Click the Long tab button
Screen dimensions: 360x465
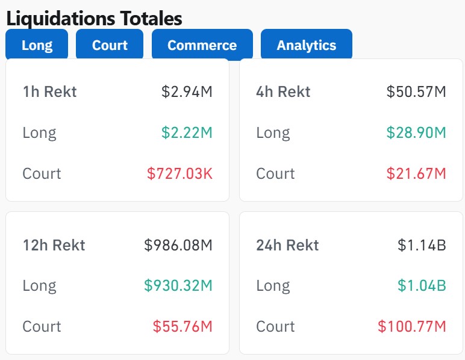pyautogui.click(x=37, y=45)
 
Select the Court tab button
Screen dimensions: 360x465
pyautogui.click(x=110, y=45)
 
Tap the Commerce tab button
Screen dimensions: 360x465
pyautogui.click(x=202, y=45)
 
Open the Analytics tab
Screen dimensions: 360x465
pyautogui.click(x=306, y=45)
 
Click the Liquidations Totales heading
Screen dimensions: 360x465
pyautogui.click(x=94, y=18)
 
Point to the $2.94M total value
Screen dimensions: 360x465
pyautogui.click(x=187, y=92)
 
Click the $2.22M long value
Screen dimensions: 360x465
pyautogui.click(x=187, y=133)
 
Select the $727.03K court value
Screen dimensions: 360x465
pyautogui.click(x=179, y=174)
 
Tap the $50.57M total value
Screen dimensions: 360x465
pyautogui.click(x=416, y=92)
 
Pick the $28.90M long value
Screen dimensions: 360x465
pyautogui.click(x=416, y=133)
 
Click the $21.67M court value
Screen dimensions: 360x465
pyautogui.click(x=416, y=174)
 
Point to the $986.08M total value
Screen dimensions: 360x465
pyautogui.click(x=178, y=245)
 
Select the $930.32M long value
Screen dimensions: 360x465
pyautogui.click(x=178, y=286)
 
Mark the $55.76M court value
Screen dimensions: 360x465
pyautogui.click(x=183, y=327)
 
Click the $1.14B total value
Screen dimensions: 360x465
pyautogui.click(x=422, y=245)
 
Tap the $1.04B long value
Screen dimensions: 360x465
pyautogui.click(x=422, y=286)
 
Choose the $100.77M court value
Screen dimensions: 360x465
pyautogui.click(x=412, y=327)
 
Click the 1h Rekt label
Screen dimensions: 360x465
pyautogui.click(x=49, y=92)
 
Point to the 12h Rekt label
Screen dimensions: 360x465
pyautogui.click(x=54, y=245)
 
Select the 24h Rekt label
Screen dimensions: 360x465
pyautogui.click(x=287, y=245)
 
